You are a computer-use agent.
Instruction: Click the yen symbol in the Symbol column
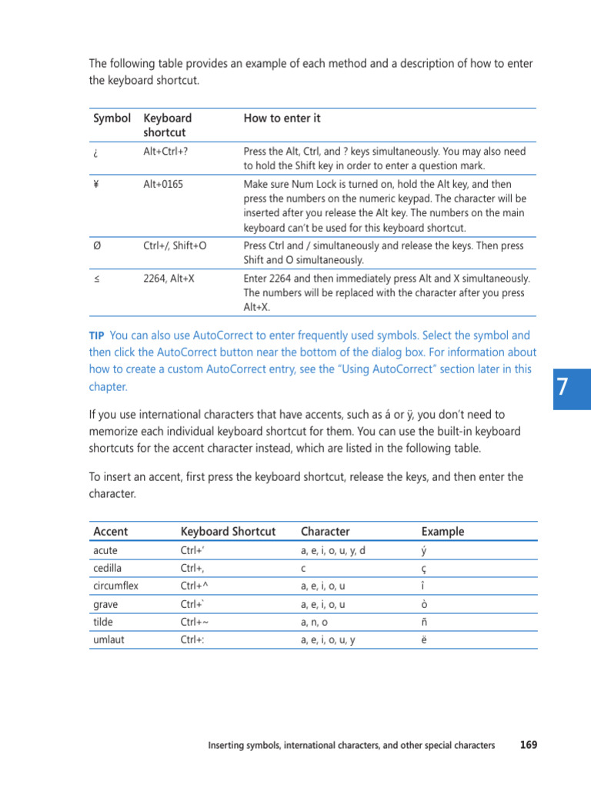pos(96,185)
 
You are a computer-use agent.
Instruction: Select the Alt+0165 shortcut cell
pos(163,185)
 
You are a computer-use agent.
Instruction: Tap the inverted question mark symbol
pos(95,152)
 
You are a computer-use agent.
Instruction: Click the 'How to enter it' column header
pos(282,119)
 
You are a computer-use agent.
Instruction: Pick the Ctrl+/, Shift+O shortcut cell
pos(175,246)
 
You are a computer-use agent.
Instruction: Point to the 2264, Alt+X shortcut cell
pos(169,279)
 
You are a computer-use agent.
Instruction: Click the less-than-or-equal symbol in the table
pos(96,279)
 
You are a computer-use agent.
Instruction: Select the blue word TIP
pos(96,336)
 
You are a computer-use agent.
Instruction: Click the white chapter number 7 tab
pos(563,386)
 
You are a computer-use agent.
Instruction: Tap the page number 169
pos(529,745)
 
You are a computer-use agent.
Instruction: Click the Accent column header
pos(111,532)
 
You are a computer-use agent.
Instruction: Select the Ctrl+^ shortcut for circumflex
pos(195,586)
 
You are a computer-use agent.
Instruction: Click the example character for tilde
pos(425,623)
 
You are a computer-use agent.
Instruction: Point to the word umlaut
pos(106,639)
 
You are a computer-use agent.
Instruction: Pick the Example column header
pos(442,532)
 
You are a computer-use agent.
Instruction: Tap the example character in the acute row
pos(425,551)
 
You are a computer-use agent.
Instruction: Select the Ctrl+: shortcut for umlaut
pos(193,639)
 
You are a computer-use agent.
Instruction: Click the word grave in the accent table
pos(105,604)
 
